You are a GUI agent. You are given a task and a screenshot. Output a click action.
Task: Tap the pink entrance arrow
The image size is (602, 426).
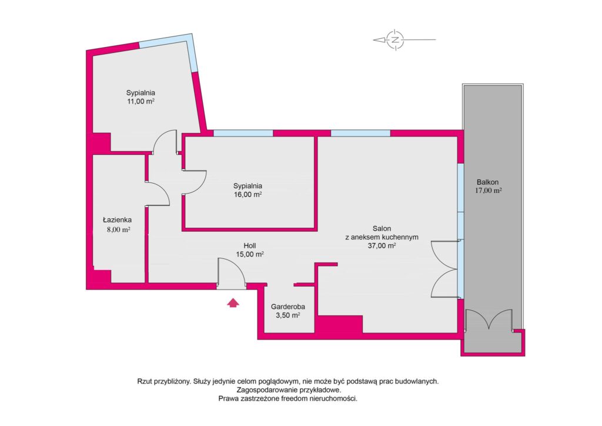coord(233,303)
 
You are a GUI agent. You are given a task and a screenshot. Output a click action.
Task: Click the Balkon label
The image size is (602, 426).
coord(488,182)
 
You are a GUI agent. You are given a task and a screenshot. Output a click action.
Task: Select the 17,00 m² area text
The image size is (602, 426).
coord(488,191)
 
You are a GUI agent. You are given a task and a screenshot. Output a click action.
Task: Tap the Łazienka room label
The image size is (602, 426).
coord(115,221)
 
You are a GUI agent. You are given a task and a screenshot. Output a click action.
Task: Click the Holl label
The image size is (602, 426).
coord(250,245)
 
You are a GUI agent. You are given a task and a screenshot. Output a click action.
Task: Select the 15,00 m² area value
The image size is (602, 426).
coord(250,254)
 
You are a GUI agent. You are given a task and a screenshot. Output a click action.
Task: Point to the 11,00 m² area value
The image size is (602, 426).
coord(141,101)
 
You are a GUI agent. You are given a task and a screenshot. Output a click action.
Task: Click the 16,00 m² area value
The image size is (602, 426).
coord(248,194)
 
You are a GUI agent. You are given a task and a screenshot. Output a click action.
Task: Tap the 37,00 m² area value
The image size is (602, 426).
coord(382,246)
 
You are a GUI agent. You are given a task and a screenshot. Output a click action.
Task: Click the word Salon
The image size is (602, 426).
coord(382,228)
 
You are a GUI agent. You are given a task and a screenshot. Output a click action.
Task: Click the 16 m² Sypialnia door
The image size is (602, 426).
coord(194,181)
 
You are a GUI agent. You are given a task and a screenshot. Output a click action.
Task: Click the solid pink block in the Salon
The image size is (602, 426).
coord(339,324)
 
